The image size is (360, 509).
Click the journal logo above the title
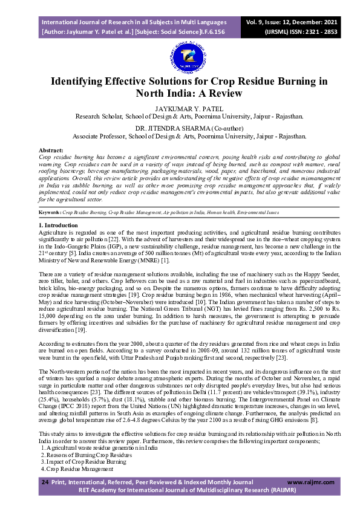tap(180, 57)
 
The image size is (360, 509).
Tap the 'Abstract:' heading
tap(51, 149)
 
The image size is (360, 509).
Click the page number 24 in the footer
tap(44, 482)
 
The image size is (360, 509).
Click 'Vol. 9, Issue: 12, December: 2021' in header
tap(292, 21)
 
